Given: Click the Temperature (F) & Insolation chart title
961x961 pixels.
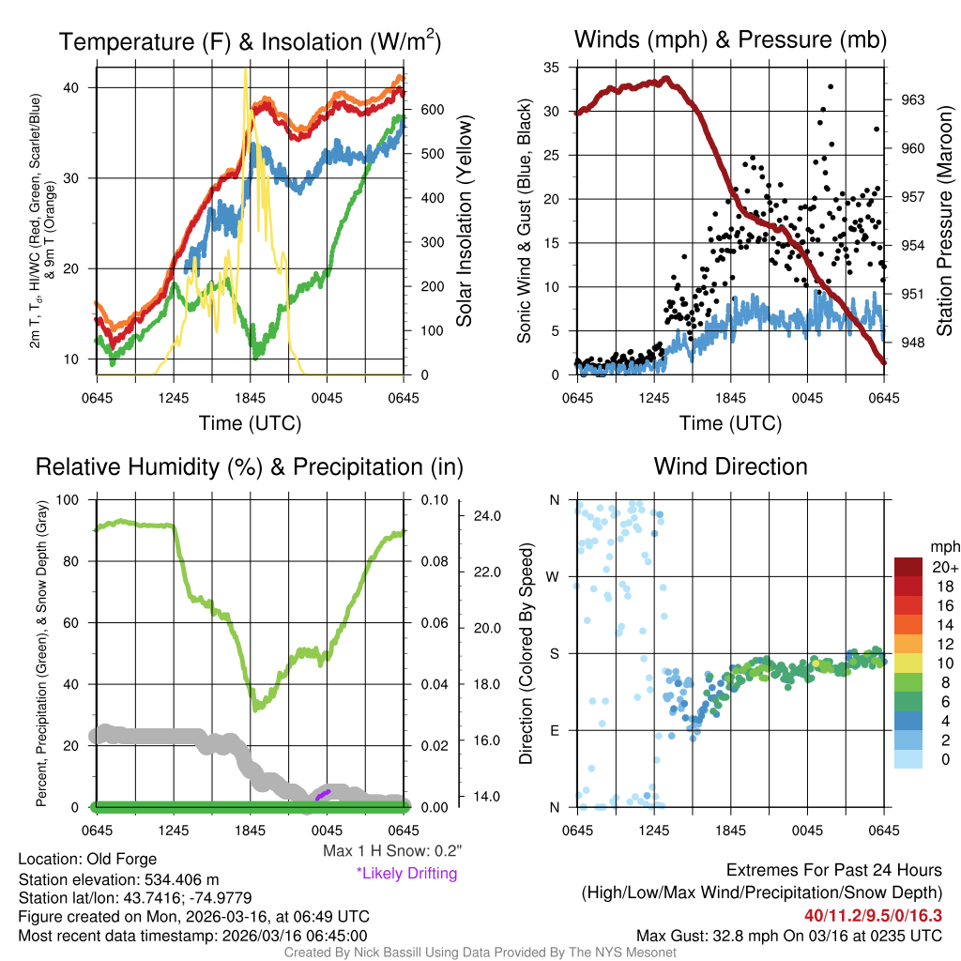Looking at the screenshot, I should coord(251,42).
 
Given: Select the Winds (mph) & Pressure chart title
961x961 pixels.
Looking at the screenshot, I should coord(731,40).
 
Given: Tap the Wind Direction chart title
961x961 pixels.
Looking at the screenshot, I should coord(730,466).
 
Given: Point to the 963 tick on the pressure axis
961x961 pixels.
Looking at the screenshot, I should coord(907,99).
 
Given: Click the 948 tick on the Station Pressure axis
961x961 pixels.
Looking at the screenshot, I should coord(907,343).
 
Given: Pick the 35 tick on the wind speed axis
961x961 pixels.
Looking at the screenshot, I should coord(552,68).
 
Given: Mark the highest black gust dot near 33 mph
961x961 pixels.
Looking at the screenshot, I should coord(830,86).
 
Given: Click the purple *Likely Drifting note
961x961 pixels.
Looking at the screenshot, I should coord(406,873).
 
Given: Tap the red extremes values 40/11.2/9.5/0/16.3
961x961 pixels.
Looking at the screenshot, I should coord(873,914).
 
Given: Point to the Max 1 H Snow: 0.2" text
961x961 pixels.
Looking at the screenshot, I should coord(391,850).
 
